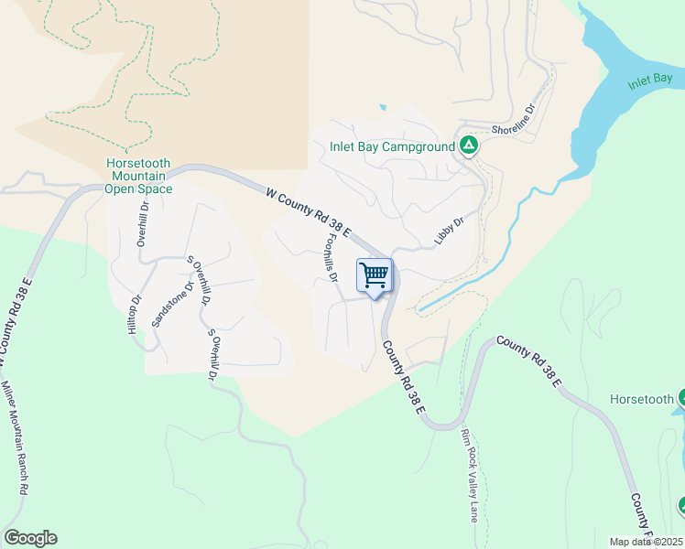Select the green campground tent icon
coord(468,145)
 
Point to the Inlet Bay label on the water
coord(650,81)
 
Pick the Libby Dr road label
coord(449,231)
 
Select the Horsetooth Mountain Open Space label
coord(138,176)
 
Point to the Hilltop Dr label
coord(136,314)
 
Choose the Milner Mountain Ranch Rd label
coord(14,438)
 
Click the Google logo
coord(30,538)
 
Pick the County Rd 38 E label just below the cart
coord(403,376)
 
